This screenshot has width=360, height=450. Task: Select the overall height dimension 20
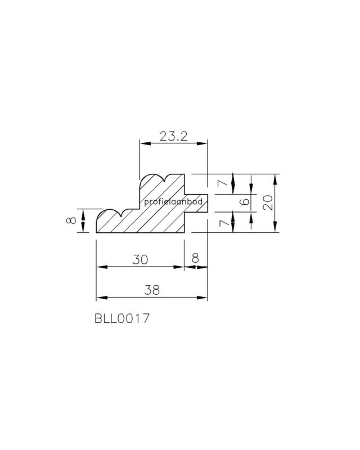tap(268, 202)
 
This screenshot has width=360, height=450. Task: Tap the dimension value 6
tap(245, 201)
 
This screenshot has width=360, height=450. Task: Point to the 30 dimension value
tap(141, 259)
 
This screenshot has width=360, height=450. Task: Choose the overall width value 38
tap(152, 290)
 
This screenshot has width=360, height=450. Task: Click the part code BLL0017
tap(122, 318)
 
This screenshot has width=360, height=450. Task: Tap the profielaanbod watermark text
tap(173, 202)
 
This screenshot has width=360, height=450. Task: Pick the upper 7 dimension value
tap(223, 183)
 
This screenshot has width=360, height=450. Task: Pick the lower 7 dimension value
tap(223, 223)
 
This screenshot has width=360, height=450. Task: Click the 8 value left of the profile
tap(71, 220)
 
